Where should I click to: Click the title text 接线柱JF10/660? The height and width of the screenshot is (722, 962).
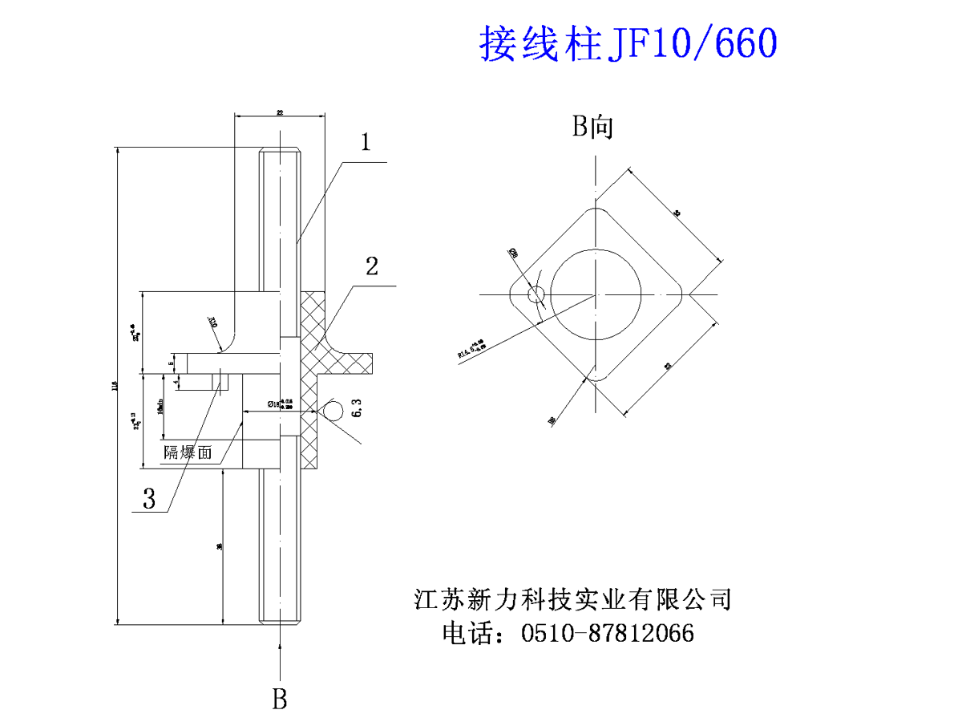628,43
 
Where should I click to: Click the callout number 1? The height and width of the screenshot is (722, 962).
366,143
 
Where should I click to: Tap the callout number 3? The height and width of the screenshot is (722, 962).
149,499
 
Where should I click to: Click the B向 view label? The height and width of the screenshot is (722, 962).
593,127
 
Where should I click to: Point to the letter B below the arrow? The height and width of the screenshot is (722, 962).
279,699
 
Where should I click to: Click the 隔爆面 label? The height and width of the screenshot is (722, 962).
188,452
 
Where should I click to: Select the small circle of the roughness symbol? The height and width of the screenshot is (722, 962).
330,410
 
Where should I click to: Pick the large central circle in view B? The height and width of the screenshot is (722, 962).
596,294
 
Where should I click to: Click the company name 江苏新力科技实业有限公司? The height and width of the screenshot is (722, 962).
572,599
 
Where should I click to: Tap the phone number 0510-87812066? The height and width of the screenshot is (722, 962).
607,634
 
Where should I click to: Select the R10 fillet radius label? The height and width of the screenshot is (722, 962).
213,322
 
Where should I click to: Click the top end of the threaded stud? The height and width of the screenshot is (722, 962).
280,150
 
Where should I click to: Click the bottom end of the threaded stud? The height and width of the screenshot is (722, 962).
280,619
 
